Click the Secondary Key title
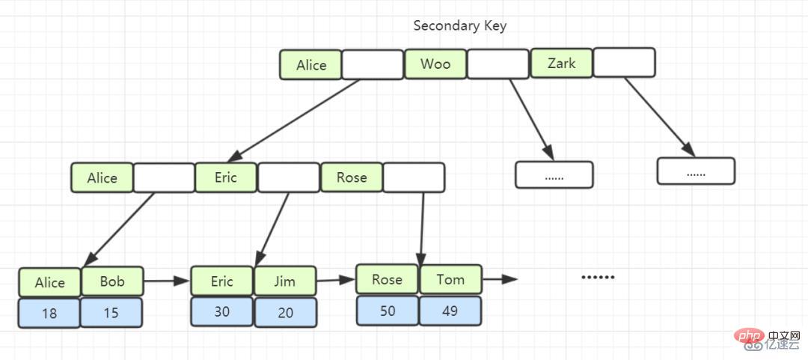[x=459, y=25]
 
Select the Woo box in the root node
[x=435, y=64]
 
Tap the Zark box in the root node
[x=561, y=64]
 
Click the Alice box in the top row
[x=310, y=65]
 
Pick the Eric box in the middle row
[x=226, y=178]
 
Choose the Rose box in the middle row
[x=352, y=178]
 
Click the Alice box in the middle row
[x=102, y=178]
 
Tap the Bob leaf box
[x=112, y=281]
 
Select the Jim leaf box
[x=285, y=281]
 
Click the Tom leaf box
[x=450, y=279]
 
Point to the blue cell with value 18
[x=49, y=313]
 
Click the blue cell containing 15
[x=111, y=312]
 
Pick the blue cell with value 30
[x=222, y=311]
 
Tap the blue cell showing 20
[x=286, y=312]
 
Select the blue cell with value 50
[x=388, y=311]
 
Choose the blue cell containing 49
[x=450, y=311]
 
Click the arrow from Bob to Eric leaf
[x=167, y=281]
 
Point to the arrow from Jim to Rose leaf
[x=336, y=280]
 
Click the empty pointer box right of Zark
[x=624, y=62]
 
